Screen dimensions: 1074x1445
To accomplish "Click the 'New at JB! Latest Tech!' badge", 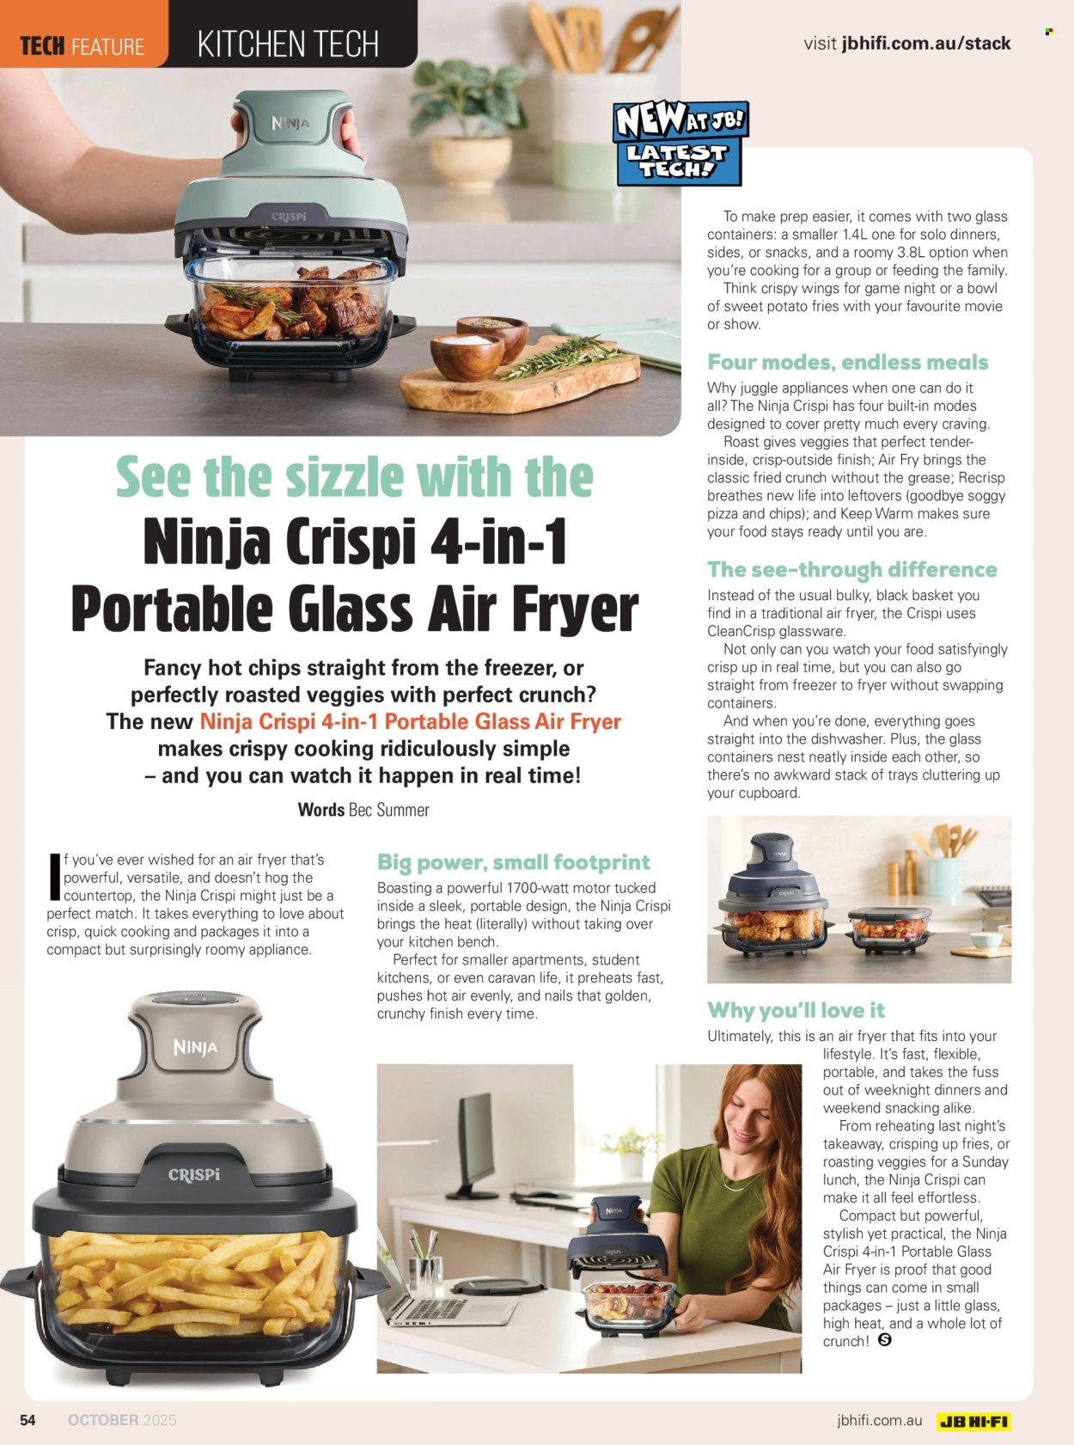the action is click(680, 143).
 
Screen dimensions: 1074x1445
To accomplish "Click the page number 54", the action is click(27, 1420).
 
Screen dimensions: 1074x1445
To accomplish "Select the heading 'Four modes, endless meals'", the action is click(847, 362).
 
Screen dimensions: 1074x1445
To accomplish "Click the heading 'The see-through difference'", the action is click(852, 569).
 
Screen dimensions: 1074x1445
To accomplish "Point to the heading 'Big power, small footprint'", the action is click(513, 862).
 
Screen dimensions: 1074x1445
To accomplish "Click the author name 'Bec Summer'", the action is click(389, 810).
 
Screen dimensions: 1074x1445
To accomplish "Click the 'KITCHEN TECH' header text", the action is click(288, 45).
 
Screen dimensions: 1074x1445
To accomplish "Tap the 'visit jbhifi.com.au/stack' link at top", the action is click(906, 44).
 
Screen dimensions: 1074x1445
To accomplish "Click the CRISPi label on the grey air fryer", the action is click(194, 1174).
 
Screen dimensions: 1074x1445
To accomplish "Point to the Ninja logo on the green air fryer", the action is click(290, 123).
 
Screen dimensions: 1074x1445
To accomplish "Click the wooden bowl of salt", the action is click(467, 356).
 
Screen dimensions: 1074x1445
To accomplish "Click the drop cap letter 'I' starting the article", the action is click(55, 875).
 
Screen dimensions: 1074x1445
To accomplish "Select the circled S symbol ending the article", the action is click(884, 1339).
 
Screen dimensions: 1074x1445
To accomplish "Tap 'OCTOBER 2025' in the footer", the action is click(122, 1420).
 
